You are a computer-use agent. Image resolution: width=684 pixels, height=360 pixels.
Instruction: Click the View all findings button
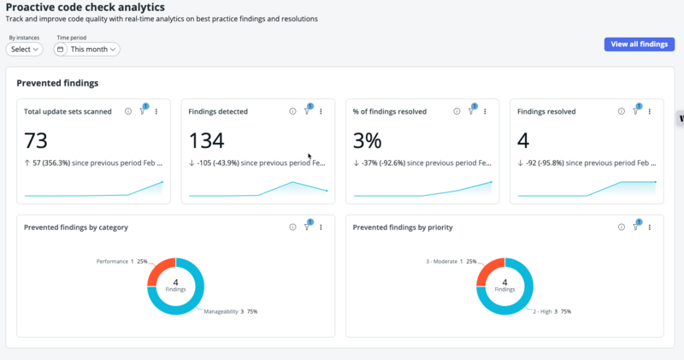pyautogui.click(x=639, y=44)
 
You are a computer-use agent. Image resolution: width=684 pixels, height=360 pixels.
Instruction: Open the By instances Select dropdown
pyautogui.click(x=25, y=50)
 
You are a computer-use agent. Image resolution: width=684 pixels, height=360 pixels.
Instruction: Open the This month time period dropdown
pyautogui.click(x=87, y=50)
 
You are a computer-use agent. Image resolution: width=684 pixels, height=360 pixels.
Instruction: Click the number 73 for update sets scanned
pyautogui.click(x=35, y=140)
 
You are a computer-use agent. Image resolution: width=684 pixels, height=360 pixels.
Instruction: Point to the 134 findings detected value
pyautogui.click(x=206, y=140)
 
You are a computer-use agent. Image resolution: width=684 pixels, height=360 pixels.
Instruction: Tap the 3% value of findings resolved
pyautogui.click(x=368, y=140)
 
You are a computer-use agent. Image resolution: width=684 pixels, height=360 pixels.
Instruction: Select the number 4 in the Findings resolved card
pyautogui.click(x=523, y=140)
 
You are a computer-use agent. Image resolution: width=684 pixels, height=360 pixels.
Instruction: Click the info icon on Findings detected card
pyautogui.click(x=292, y=111)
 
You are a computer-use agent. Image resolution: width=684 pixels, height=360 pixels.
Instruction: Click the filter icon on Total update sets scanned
pyautogui.click(x=143, y=110)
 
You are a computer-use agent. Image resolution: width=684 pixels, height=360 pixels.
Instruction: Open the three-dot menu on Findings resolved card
pyautogui.click(x=650, y=111)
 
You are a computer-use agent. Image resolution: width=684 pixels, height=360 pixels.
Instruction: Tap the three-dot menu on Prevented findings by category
pyautogui.click(x=321, y=227)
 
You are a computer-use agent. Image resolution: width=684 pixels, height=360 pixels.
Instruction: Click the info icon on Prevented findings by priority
pyautogui.click(x=622, y=227)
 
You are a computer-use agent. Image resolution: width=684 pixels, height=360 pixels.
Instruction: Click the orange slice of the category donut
pyautogui.click(x=158, y=269)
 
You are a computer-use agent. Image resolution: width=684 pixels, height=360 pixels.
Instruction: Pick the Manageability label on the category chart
pyautogui.click(x=221, y=311)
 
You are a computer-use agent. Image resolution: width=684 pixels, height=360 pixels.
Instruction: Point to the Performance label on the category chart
pyautogui.click(x=112, y=262)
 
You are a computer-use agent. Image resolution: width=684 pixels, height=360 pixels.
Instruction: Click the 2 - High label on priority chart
pyautogui.click(x=542, y=311)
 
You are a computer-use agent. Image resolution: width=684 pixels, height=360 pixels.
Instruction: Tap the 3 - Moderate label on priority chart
pyautogui.click(x=441, y=262)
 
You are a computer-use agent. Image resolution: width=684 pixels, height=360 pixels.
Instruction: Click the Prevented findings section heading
pyautogui.click(x=57, y=83)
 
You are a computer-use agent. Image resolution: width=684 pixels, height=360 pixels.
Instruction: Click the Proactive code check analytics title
pyautogui.click(x=85, y=7)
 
